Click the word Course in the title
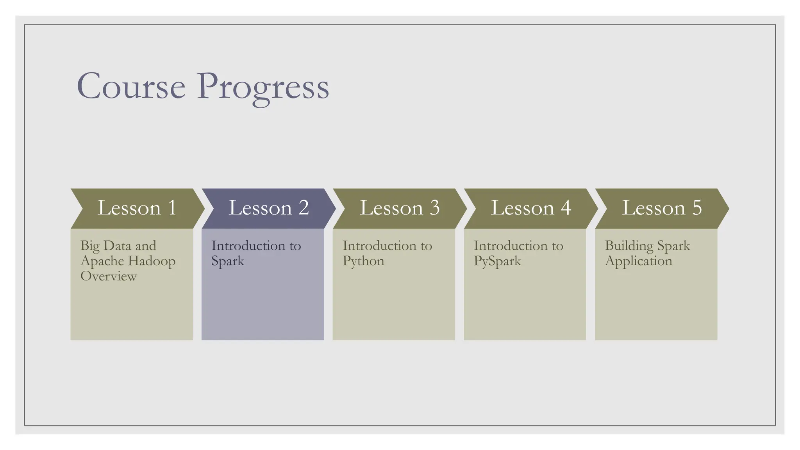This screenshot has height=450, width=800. (x=131, y=87)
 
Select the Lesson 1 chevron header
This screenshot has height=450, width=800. (x=137, y=208)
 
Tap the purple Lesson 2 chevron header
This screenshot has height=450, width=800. (x=268, y=208)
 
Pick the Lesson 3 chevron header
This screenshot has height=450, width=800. (x=399, y=208)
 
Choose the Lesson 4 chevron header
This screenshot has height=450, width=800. (x=530, y=208)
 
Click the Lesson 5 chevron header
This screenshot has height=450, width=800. (x=661, y=208)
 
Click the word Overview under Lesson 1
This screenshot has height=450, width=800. (x=109, y=276)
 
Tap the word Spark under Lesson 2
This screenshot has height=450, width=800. (x=227, y=261)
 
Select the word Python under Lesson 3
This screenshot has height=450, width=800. (x=363, y=261)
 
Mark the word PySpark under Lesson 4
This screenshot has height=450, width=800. (x=497, y=261)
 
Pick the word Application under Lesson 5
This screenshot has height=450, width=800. (x=639, y=261)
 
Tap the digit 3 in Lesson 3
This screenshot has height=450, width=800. (x=434, y=208)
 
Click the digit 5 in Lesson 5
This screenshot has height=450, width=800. (x=697, y=208)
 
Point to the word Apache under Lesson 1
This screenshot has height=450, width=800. (x=102, y=261)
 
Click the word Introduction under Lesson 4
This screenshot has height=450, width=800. (x=511, y=246)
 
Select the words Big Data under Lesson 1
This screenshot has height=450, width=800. (x=105, y=246)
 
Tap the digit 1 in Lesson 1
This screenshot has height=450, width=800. (x=172, y=208)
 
